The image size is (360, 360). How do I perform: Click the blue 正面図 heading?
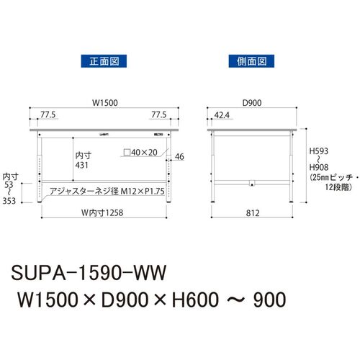(x=104, y=61)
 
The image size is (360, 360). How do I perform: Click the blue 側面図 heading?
(x=251, y=61)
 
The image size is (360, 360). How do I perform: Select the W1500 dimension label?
(x=105, y=103)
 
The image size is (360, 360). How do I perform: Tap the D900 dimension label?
(x=252, y=103)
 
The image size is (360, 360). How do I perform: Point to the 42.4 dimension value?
(x=222, y=115)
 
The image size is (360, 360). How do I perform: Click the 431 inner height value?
(x=81, y=165)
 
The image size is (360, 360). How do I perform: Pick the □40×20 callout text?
(x=140, y=153)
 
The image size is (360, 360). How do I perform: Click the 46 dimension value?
(x=179, y=157)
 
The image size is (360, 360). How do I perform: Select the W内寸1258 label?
(x=102, y=212)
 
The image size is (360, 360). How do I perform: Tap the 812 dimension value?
(x=253, y=213)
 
